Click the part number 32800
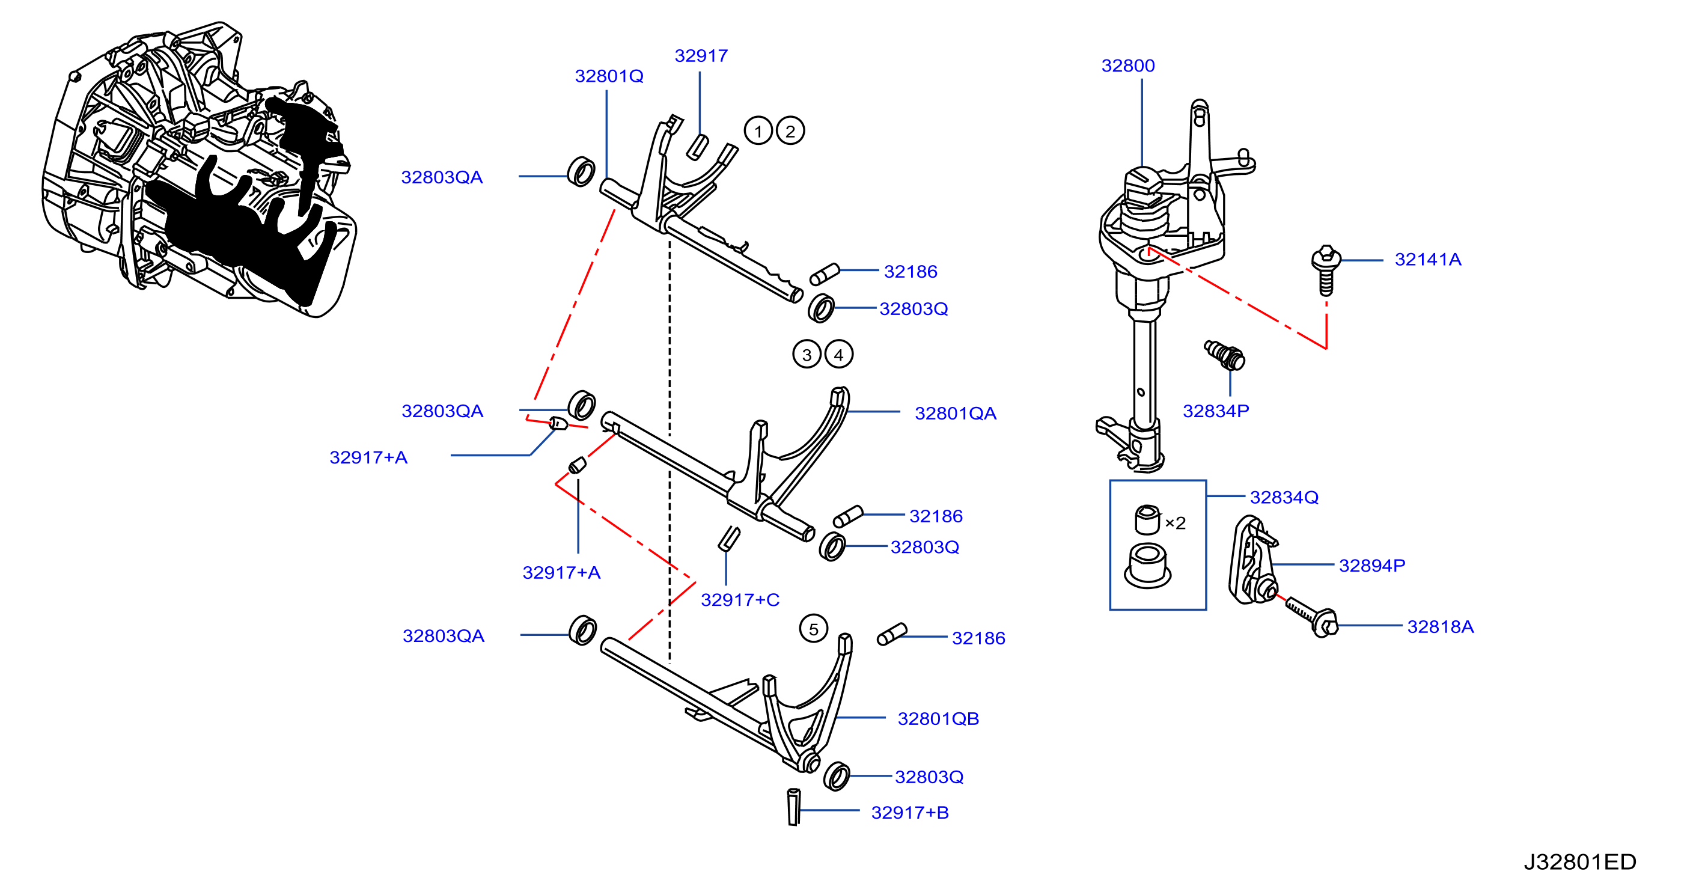[1128, 66]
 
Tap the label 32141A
[1428, 260]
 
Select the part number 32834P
[1216, 411]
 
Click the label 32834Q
[1284, 497]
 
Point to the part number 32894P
[1371, 566]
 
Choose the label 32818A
[1441, 626]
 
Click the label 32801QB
[938, 718]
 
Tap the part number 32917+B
[910, 812]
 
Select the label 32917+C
[740, 599]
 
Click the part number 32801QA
[956, 413]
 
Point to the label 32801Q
[609, 76]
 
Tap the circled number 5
[813, 629]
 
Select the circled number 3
[807, 355]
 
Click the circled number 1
[758, 131]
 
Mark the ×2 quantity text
[1176, 524]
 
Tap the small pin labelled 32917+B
[793, 807]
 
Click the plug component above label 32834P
[1224, 355]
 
